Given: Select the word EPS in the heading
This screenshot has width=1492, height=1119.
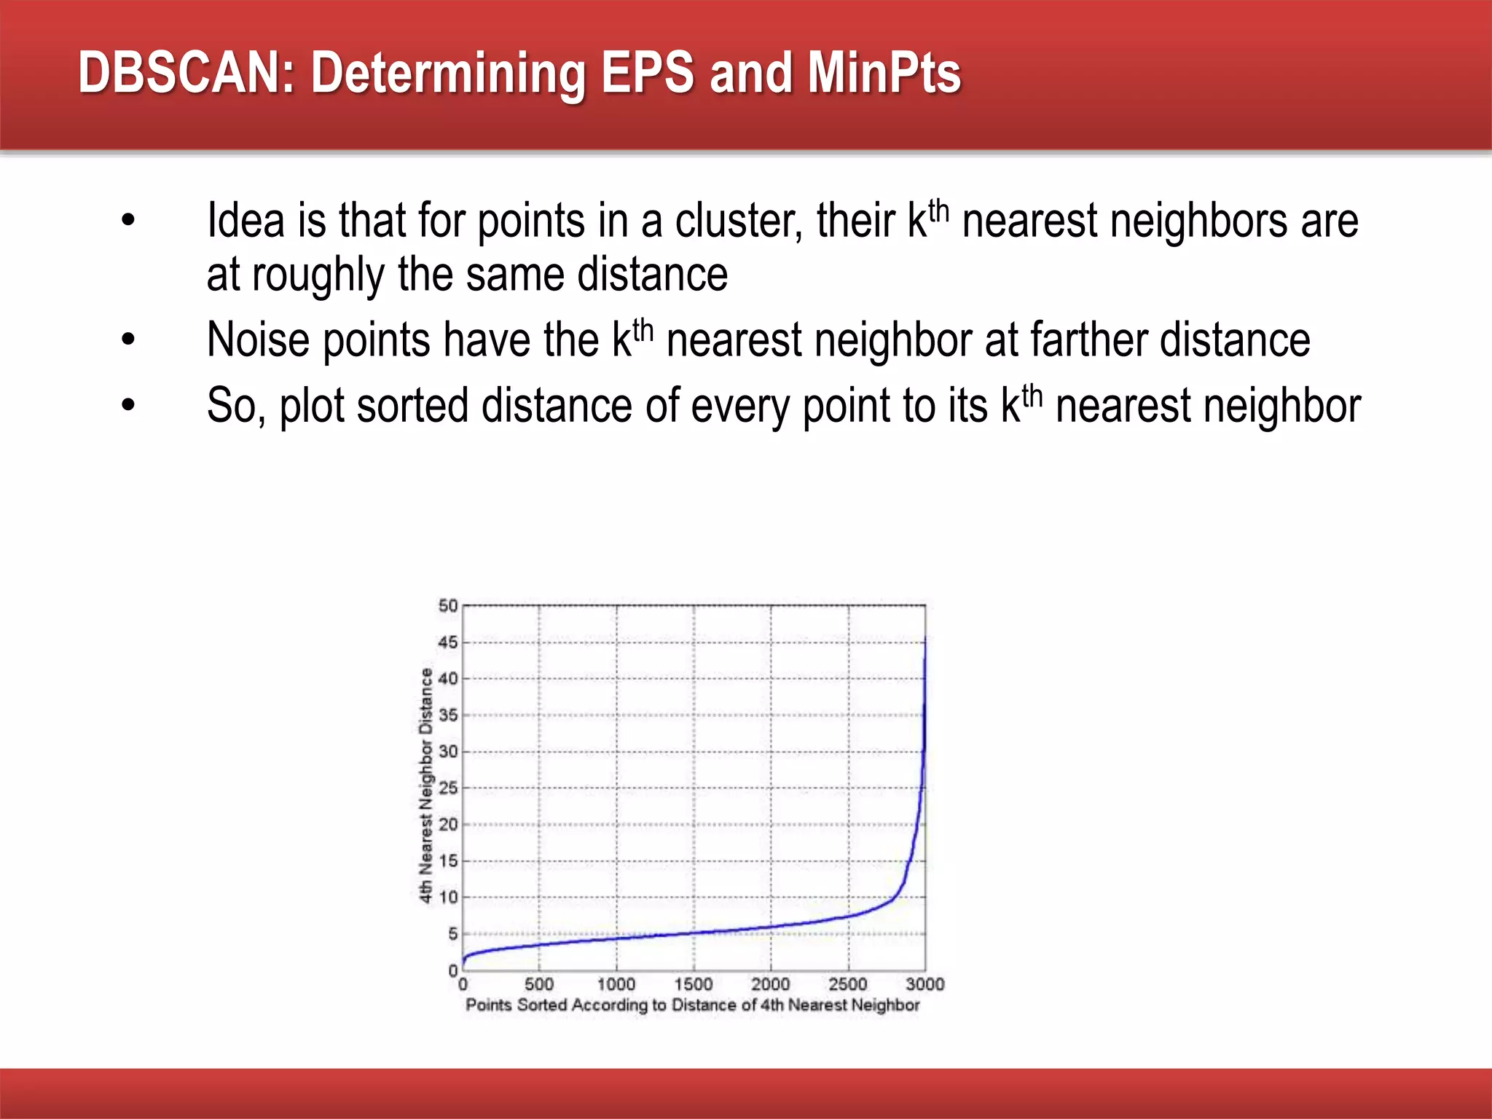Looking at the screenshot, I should [x=647, y=73].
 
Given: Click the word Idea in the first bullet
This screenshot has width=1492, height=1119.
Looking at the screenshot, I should [x=246, y=221].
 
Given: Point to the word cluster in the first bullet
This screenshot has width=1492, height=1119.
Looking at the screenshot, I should [x=739, y=221].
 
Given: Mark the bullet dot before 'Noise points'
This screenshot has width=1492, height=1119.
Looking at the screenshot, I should [x=129, y=339].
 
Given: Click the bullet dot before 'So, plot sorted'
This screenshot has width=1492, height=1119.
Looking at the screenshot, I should [x=129, y=405].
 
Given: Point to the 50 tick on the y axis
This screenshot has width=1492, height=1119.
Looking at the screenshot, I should [x=448, y=605].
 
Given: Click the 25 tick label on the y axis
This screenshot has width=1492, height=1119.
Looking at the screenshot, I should [x=448, y=788].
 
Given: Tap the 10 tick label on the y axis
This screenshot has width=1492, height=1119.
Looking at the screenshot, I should [x=448, y=897].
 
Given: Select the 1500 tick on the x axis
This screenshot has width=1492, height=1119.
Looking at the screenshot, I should [x=694, y=984].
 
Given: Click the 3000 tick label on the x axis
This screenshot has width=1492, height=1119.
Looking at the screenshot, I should [x=925, y=984].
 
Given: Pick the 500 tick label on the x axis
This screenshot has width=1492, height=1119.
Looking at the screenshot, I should [x=539, y=984].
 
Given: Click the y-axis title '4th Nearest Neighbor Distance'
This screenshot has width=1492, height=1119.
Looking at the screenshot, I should [x=425, y=785].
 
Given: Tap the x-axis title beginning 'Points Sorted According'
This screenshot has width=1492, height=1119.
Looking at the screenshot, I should [x=693, y=1005].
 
